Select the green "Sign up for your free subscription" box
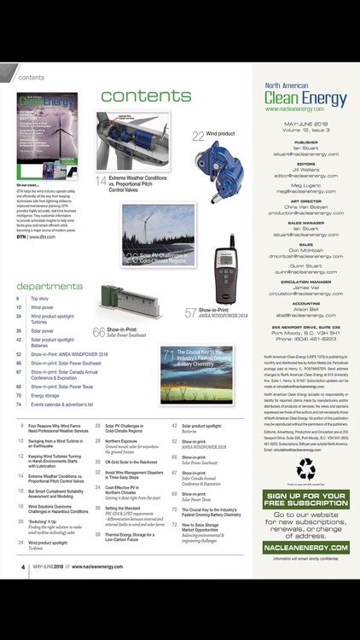(305, 499)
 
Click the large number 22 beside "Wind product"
(197, 135)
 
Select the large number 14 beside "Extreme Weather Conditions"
(101, 181)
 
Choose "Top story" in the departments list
(40, 300)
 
